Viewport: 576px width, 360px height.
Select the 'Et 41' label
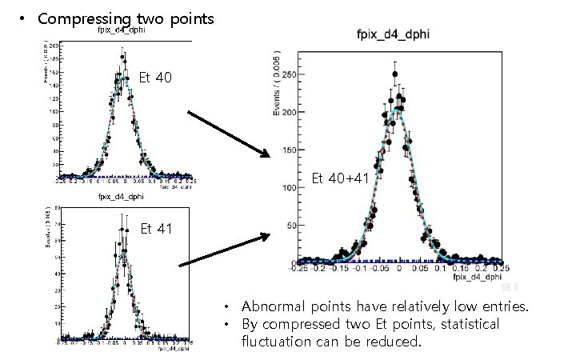156,229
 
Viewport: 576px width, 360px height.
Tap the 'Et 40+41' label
339,178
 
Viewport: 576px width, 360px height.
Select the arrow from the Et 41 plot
225,250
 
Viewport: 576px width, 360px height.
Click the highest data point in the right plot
394,75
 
